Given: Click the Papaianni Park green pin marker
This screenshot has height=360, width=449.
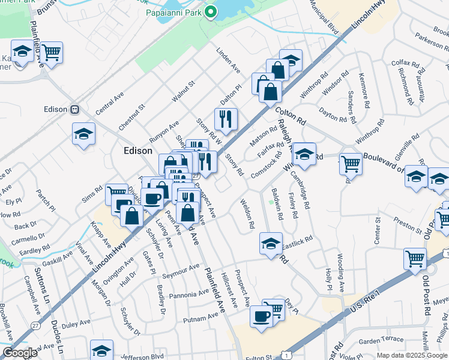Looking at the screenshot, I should pyautogui.click(x=211, y=11).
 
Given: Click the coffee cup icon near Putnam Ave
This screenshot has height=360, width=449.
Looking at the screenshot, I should pyautogui.click(x=261, y=316).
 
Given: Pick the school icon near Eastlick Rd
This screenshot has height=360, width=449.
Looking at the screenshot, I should pyautogui.click(x=271, y=243).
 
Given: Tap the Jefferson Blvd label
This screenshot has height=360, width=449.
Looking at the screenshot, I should pyautogui.click(x=141, y=355).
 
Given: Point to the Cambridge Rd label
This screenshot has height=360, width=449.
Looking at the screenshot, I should pyautogui.click(x=301, y=190).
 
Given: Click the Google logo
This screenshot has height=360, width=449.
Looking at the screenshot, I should pyautogui.click(x=20, y=353).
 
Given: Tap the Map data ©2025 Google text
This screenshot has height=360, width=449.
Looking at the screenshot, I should pyautogui.click(x=412, y=355).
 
